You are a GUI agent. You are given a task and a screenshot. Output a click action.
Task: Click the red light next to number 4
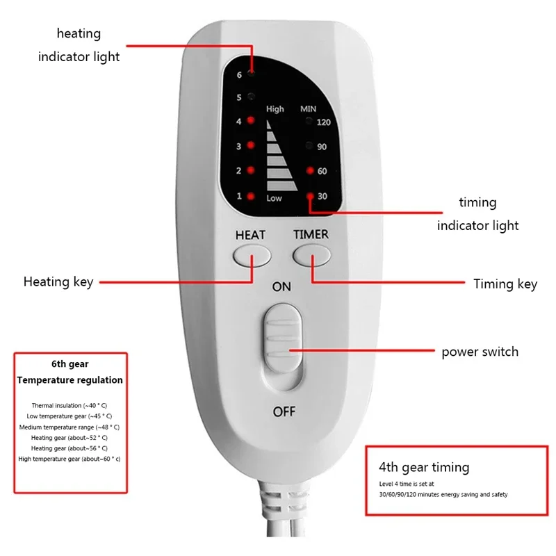click(x=251, y=121)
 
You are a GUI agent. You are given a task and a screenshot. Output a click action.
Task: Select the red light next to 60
click(x=309, y=171)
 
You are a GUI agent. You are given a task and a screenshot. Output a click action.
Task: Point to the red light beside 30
click(x=309, y=196)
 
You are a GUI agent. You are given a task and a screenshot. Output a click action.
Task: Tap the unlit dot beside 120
click(x=309, y=122)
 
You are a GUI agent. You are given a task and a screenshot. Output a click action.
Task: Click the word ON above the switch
click(x=281, y=286)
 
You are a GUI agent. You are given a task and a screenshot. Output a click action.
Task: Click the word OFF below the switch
click(x=284, y=411)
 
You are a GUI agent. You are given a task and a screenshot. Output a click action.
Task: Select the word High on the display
click(x=275, y=109)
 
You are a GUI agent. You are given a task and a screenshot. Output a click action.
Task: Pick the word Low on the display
click(x=275, y=199)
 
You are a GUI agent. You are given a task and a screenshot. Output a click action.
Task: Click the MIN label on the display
click(x=308, y=109)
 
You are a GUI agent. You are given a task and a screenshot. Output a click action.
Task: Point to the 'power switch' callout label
click(x=480, y=352)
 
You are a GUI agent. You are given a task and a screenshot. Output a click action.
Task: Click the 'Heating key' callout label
click(x=58, y=281)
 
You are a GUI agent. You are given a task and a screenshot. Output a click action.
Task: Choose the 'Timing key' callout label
click(x=505, y=284)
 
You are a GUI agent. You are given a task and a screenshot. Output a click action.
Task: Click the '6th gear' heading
click(x=69, y=363)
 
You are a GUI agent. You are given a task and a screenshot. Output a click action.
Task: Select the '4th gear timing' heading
click(x=424, y=467)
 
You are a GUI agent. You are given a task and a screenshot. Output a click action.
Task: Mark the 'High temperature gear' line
click(x=69, y=459)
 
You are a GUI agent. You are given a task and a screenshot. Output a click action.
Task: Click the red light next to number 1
click(x=251, y=196)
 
